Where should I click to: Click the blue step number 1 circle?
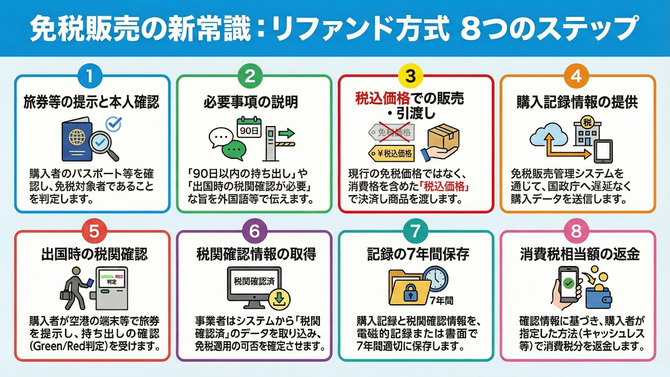tap(90, 76)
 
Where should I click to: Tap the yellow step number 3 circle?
tap(410, 76)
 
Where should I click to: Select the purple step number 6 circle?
tap(254, 231)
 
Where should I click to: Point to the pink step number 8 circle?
tap(576, 231)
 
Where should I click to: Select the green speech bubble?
tap(234, 150)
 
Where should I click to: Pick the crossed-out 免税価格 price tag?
tap(392, 132)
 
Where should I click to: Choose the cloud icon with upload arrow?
tap(549, 134)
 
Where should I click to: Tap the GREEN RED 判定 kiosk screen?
tap(111, 279)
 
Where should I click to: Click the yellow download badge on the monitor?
tap(279, 299)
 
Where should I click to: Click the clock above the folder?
tap(435, 279)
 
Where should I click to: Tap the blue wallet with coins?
tap(598, 296)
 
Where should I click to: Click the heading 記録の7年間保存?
tap(418, 254)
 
